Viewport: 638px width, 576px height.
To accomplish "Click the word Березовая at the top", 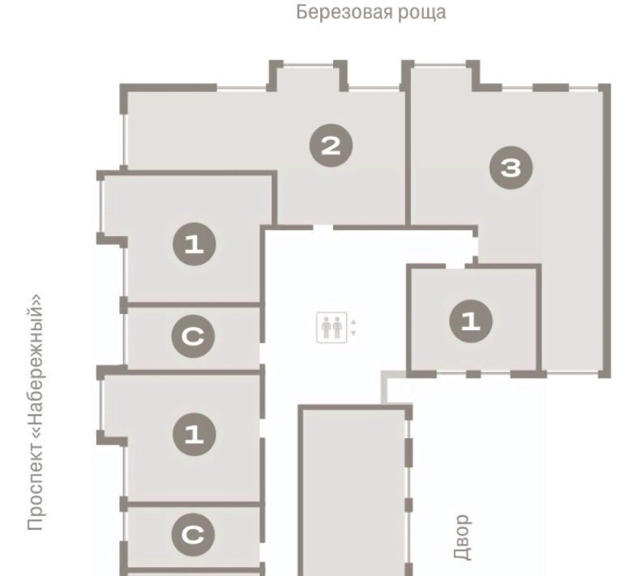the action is pyautogui.click(x=344, y=12).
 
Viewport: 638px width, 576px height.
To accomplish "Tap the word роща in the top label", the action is pyautogui.click(x=422, y=14).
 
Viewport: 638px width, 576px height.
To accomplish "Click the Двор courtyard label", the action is pyautogui.click(x=462, y=537).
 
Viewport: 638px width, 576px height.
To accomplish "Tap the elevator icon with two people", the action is pyautogui.click(x=332, y=327).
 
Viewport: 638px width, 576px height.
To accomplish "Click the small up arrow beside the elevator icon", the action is pyautogui.click(x=353, y=322).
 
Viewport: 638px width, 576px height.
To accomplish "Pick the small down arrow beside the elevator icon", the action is pyautogui.click(x=353, y=333).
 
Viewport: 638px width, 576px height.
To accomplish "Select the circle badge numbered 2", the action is pyautogui.click(x=331, y=145).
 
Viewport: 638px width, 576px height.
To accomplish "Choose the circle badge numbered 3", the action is pyautogui.click(x=511, y=167).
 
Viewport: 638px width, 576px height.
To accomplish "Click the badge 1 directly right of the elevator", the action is pyautogui.click(x=471, y=321).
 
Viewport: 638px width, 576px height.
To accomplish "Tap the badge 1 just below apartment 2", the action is pyautogui.click(x=194, y=244).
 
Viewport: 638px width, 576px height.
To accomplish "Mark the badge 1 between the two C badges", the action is pyautogui.click(x=194, y=434).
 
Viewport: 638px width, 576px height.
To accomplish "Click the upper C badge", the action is pyautogui.click(x=193, y=336).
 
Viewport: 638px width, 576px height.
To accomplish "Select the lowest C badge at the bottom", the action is pyautogui.click(x=193, y=535).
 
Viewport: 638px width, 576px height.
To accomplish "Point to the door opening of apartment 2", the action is pyautogui.click(x=323, y=227).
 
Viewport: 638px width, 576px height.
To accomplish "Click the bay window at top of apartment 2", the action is pyautogui.click(x=308, y=65).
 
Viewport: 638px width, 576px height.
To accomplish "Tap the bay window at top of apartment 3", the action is pyautogui.click(x=440, y=65).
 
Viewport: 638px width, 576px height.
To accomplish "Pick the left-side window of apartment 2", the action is pyautogui.click(x=123, y=140).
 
